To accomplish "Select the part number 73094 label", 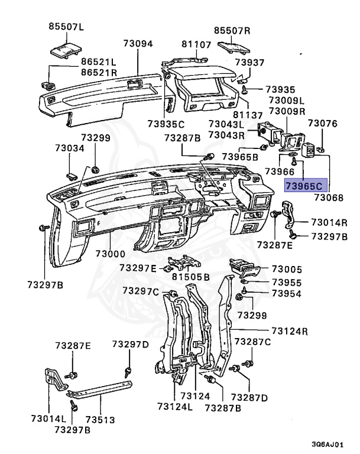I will tap(138, 43).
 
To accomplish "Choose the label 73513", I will tap(100, 420).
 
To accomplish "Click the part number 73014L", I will tap(48, 419).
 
